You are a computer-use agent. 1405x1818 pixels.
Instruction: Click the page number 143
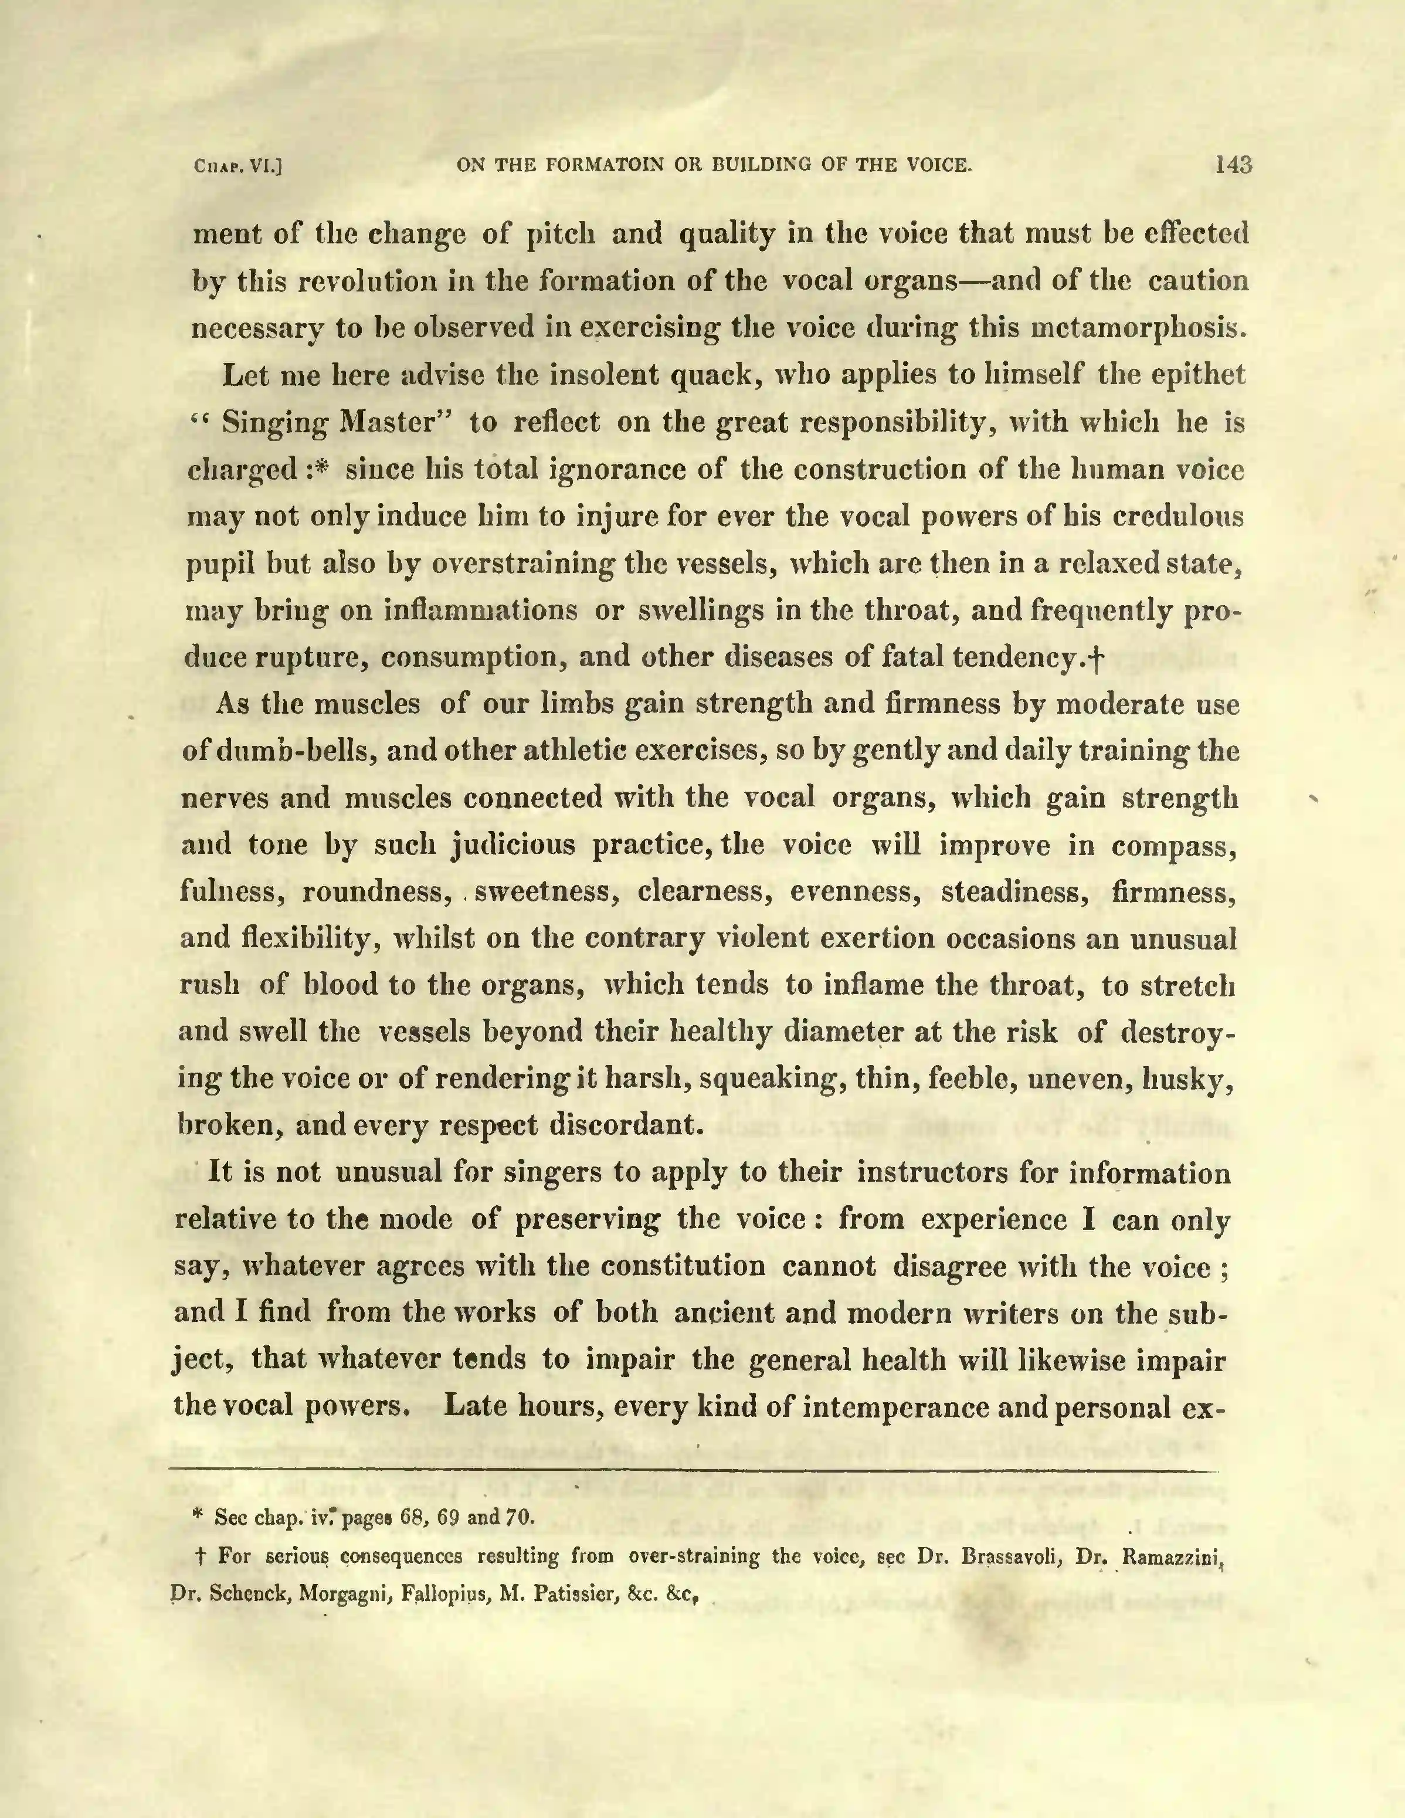click(1233, 165)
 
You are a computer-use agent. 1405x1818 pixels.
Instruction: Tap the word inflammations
click(480, 610)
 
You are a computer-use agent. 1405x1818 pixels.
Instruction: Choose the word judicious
click(513, 845)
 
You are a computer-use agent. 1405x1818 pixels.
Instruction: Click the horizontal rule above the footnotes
click(693, 1470)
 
